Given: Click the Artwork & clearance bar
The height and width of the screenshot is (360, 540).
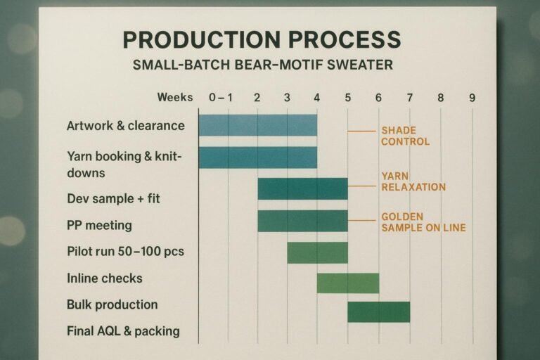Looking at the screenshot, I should pyautogui.click(x=257, y=125).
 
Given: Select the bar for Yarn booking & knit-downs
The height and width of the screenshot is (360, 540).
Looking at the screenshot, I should pyautogui.click(x=257, y=157).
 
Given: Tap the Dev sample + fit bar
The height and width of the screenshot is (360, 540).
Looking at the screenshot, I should pyautogui.click(x=302, y=188).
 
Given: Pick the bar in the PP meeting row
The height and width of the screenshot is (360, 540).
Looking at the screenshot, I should pyautogui.click(x=302, y=221).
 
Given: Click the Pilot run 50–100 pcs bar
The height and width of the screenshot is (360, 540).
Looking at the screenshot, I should pyautogui.click(x=317, y=252).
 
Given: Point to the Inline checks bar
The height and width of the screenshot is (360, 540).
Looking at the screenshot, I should pyautogui.click(x=348, y=283).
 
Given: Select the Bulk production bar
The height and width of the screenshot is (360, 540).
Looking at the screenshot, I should pyautogui.click(x=378, y=311).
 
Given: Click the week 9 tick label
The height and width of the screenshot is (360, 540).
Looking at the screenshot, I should pyautogui.click(x=472, y=98).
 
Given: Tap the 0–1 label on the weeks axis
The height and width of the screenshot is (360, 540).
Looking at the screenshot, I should pyautogui.click(x=221, y=98).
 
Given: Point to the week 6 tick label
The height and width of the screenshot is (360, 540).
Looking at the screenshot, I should pyautogui.click(x=378, y=98).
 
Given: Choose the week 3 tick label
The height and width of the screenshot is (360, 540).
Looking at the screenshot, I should pyautogui.click(x=287, y=98).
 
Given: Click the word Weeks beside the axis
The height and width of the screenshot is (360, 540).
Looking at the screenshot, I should pyautogui.click(x=175, y=97).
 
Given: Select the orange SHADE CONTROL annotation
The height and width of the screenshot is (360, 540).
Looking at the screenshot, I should pyautogui.click(x=405, y=136).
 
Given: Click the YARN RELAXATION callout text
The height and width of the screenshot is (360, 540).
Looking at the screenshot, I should pyautogui.click(x=413, y=181).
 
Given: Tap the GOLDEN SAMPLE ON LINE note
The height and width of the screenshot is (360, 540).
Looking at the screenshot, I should pyautogui.click(x=423, y=222).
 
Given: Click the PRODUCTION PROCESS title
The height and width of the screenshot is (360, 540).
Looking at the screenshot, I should pyautogui.click(x=262, y=39).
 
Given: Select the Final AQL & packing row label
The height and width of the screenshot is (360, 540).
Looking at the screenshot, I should pyautogui.click(x=123, y=330).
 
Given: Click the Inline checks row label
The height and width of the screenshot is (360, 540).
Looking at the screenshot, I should pyautogui.click(x=104, y=278).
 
